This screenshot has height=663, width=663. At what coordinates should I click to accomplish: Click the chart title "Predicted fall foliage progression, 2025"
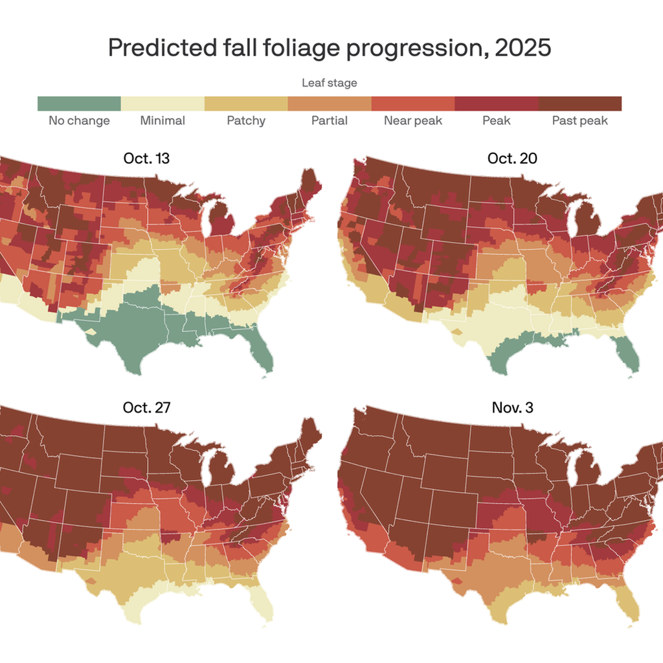[x=330, y=47]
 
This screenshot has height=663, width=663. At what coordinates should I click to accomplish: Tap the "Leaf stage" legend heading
[x=330, y=83]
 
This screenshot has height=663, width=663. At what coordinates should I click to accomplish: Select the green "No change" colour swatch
[x=79, y=104]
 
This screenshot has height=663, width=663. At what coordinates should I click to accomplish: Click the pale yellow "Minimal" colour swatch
[x=163, y=104]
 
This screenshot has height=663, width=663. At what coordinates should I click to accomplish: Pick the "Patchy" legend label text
[x=246, y=120]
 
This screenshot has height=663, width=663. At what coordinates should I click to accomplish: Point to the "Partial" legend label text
[x=329, y=120]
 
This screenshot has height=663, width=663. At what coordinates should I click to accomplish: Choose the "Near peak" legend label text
[x=413, y=120]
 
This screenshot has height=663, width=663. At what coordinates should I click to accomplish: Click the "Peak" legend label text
[x=497, y=120]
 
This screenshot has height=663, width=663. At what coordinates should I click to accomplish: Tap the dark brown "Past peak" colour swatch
[x=580, y=104]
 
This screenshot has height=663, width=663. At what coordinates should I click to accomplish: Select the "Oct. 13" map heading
[x=146, y=158]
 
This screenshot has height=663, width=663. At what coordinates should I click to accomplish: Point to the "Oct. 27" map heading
[x=146, y=408]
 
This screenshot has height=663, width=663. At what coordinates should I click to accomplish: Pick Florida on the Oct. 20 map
[x=628, y=353]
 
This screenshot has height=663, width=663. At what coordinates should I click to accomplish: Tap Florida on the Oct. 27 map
[x=262, y=602]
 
